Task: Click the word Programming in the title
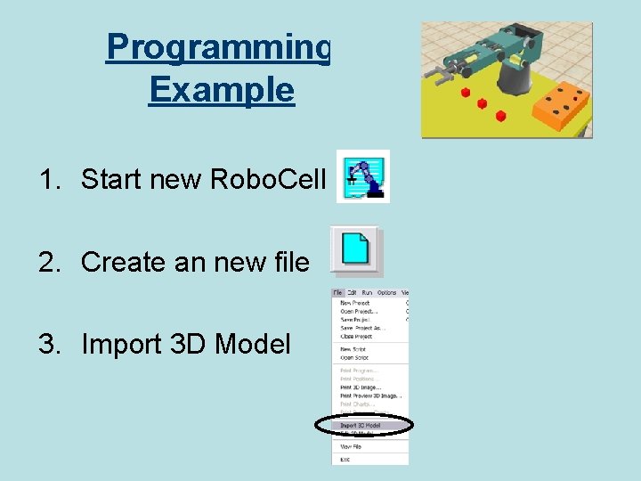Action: click(218, 47)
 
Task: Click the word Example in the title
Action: click(221, 90)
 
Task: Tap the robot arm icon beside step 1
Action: click(362, 176)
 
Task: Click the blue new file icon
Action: click(357, 250)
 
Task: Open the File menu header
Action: click(338, 292)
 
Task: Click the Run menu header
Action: click(367, 292)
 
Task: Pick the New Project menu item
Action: click(356, 303)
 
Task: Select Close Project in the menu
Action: click(357, 337)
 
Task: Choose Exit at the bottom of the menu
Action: click(345, 459)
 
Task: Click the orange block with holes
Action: click(557, 106)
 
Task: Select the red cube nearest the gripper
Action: click(465, 92)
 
